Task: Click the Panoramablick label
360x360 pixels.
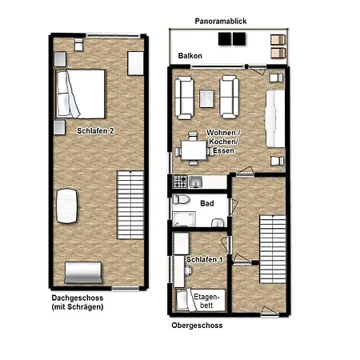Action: pos(221,22)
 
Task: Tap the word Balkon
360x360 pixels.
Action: pos(190,56)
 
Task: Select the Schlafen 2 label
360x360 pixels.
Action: pos(95,131)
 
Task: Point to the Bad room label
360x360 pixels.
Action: pos(207,203)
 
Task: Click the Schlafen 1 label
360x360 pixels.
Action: pos(204,260)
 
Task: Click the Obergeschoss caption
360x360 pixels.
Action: pos(197,326)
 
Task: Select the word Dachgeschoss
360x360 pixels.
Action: pos(78,298)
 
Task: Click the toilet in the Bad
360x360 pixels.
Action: pos(181,199)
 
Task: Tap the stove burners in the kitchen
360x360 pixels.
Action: pos(180,182)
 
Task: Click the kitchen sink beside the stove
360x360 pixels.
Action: pos(196,182)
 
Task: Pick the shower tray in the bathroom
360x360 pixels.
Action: pos(184,219)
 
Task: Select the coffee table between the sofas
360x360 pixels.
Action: pos(206,98)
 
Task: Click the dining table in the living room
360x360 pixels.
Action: pos(194,150)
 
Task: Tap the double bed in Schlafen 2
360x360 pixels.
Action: pos(80,94)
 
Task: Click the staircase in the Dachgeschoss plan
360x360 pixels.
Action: pos(130,205)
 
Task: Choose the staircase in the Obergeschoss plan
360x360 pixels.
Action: pos(273,249)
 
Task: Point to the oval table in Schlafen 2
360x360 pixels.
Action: pos(66,206)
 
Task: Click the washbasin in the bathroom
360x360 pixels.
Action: pos(218,222)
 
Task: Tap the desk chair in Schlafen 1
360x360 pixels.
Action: pos(188,270)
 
